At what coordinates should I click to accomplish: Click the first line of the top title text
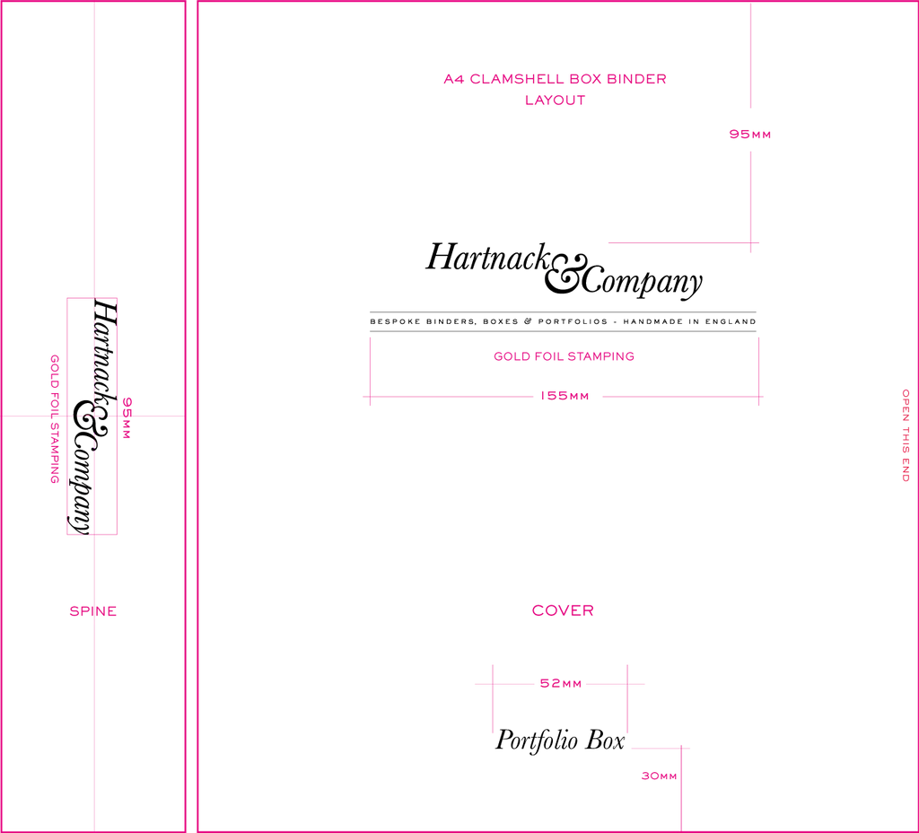554,79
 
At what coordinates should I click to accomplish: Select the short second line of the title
556,101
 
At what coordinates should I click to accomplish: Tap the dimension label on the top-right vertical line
750,136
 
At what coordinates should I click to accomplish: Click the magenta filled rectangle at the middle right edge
835,365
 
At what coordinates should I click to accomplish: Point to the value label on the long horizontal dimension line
565,395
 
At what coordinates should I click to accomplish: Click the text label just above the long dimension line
564,357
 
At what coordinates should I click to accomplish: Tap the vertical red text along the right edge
906,437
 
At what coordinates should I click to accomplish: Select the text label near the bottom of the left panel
93,613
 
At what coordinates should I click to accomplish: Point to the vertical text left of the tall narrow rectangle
54,419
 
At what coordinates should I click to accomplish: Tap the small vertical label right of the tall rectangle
126,418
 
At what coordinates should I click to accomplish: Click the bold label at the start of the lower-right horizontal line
562,611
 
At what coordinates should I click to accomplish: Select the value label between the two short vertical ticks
561,683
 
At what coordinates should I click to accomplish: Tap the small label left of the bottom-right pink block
657,777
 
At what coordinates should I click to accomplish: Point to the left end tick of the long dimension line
370,372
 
